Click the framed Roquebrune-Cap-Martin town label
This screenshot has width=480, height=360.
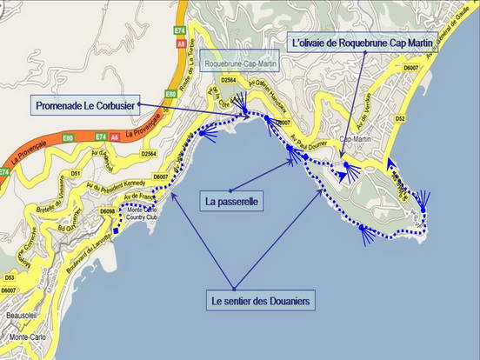pos(240,64)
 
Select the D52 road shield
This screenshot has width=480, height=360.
pos(400,117)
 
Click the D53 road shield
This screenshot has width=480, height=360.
pos(8,252)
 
